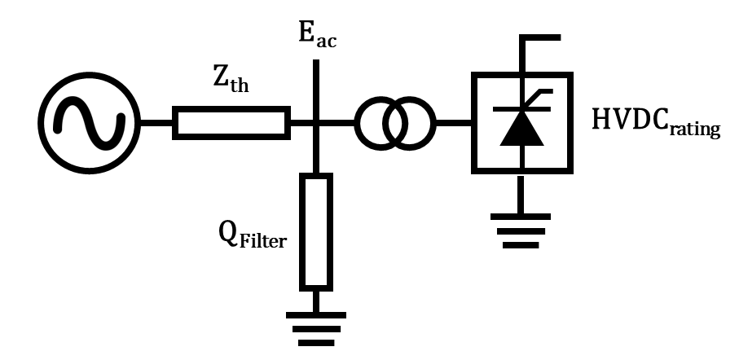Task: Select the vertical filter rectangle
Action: pyautogui.click(x=315, y=231)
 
